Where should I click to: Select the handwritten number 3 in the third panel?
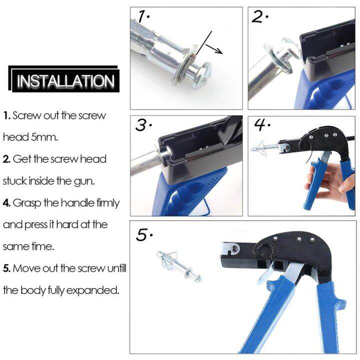pyautogui.click(x=143, y=125)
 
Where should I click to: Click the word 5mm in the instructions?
pyautogui.click(x=49, y=137)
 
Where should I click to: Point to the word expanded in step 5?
pyautogui.click(x=95, y=290)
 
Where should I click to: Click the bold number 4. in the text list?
pyautogui.click(x=6, y=203)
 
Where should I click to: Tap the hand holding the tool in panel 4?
pyautogui.click(x=320, y=180)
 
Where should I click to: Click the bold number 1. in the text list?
pyautogui.click(x=6, y=115)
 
